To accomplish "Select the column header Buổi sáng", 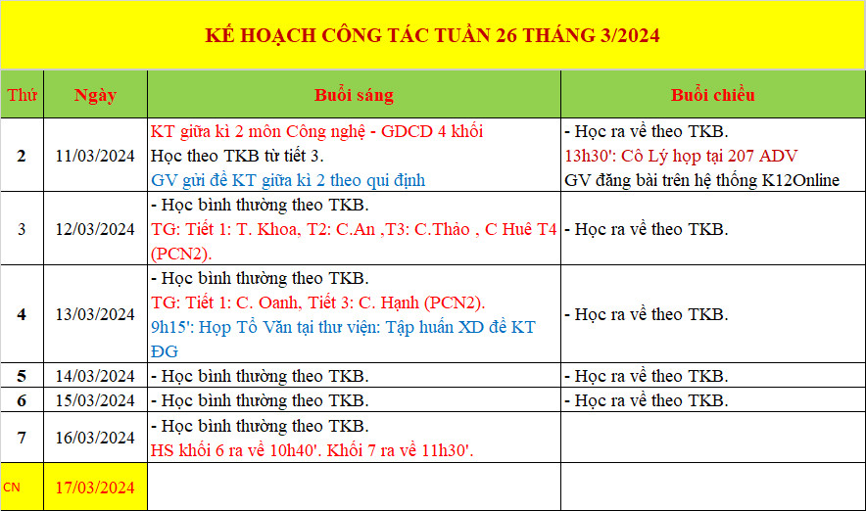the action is [354, 95].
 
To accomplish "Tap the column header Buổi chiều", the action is [712, 95].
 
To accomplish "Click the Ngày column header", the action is [96, 96].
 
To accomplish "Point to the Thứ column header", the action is [23, 95].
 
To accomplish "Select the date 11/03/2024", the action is [95, 156].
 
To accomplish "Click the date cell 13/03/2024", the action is [95, 314].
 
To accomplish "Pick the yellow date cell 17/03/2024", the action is [95, 488].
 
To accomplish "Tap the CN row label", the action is [12, 488].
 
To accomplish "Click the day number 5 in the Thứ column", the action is [22, 376].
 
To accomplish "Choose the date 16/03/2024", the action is [95, 438].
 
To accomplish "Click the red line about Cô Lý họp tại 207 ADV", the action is [681, 157].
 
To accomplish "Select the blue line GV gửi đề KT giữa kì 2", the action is [288, 180].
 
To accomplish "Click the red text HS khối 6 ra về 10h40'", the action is [235, 450].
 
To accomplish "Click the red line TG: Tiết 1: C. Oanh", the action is [318, 302].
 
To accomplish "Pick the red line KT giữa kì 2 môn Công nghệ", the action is [317, 131].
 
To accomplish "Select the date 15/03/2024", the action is [95, 400].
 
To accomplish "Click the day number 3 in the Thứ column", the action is [22, 229].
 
